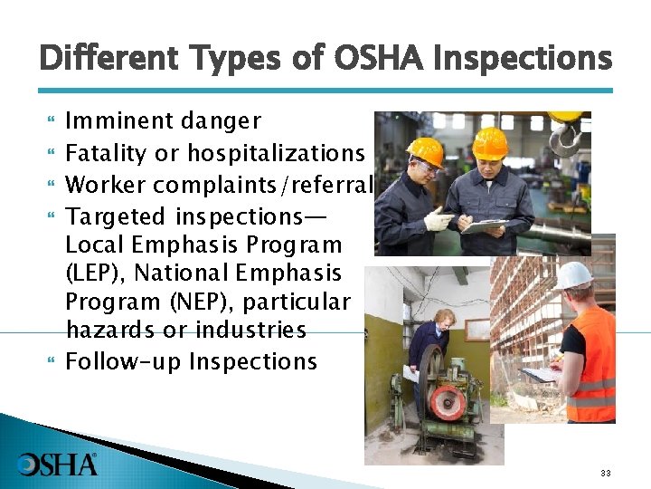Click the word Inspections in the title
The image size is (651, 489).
pos(523,59)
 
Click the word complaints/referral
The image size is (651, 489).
pos(263,186)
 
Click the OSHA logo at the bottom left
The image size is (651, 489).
pos(57,464)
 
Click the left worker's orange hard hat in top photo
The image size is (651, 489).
pos(425,150)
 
